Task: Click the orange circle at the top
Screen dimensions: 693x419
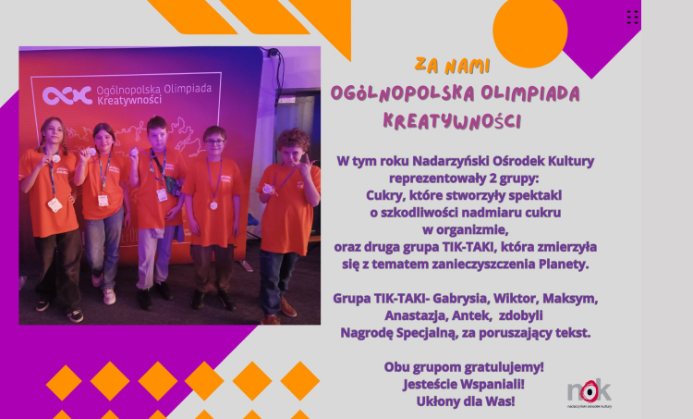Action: (x=530, y=31)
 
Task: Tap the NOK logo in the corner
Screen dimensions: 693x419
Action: (x=590, y=393)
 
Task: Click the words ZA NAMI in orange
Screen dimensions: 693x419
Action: (x=453, y=66)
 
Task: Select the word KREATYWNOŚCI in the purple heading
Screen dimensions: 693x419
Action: (x=452, y=121)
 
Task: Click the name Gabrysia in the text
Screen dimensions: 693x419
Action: (x=460, y=299)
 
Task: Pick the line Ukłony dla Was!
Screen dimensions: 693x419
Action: (x=466, y=401)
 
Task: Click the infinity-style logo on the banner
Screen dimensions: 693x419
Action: (x=67, y=95)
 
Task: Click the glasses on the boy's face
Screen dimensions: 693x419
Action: (x=214, y=142)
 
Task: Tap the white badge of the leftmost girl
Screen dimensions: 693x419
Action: (x=55, y=204)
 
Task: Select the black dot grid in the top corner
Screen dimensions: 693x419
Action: (x=632, y=17)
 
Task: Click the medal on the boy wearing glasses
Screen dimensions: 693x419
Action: (x=213, y=205)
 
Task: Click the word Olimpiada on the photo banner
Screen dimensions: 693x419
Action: (x=188, y=89)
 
